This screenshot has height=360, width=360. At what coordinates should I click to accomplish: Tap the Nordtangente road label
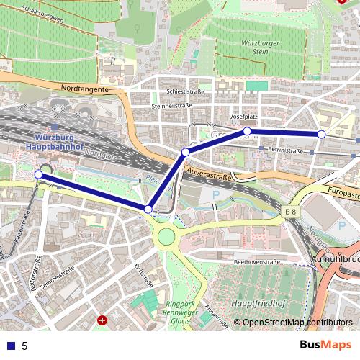[84, 89]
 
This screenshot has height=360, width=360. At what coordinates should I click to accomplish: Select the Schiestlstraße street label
[186, 92]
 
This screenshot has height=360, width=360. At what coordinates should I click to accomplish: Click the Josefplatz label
[243, 116]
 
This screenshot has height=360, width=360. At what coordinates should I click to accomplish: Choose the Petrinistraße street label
[284, 151]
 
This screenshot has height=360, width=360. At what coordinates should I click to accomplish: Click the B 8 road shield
[289, 212]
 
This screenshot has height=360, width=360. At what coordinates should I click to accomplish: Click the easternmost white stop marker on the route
[321, 134]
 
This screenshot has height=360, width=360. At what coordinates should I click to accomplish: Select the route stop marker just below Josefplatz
[247, 131]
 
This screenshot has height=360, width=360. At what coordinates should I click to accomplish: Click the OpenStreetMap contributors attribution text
[292, 323]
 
